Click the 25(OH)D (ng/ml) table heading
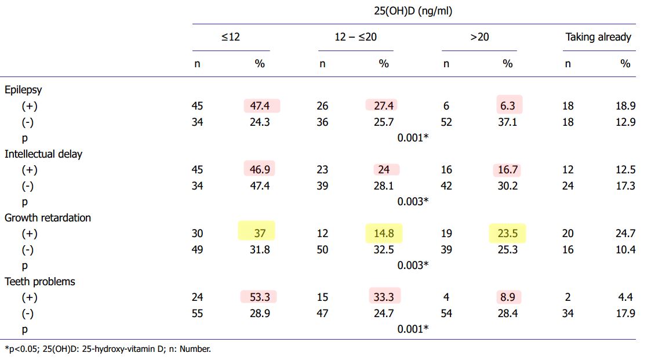coord(414,10)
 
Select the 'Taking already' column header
coord(598,37)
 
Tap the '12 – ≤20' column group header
coord(355,37)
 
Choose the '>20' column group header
coord(479,37)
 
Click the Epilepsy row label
coord(23,90)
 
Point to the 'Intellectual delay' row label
coord(43,154)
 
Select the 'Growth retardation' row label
coord(48,217)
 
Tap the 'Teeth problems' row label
coord(40,281)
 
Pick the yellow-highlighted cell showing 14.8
coord(384,233)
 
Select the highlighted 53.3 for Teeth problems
coord(259,297)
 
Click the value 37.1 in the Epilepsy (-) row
coord(508,122)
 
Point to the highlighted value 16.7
coord(508,169)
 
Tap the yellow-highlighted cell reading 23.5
coord(508,233)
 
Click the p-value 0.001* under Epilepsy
coord(413,138)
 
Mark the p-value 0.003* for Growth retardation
coord(413,265)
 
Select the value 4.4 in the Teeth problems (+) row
coord(627,297)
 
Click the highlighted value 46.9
coord(259,169)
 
